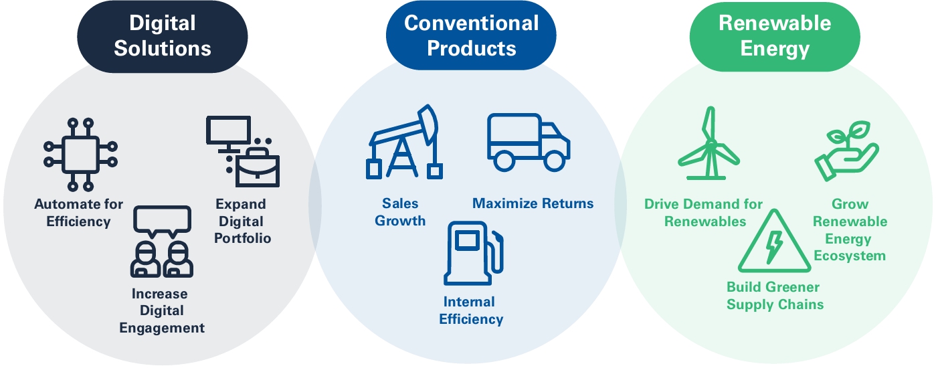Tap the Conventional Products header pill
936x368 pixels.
[x=471, y=35]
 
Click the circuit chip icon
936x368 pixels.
[x=80, y=155]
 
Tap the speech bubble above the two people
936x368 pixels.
[x=162, y=221]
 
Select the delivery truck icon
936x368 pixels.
[x=529, y=143]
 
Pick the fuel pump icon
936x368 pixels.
[x=472, y=254]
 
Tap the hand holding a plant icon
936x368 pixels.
[x=840, y=151]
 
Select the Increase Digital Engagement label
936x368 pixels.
[x=161, y=310]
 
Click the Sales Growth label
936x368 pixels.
[x=400, y=212]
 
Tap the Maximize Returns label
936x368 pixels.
[x=533, y=203]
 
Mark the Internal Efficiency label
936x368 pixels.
[x=471, y=310]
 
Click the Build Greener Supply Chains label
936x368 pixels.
[x=775, y=296]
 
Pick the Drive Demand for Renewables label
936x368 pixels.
[x=704, y=212]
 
